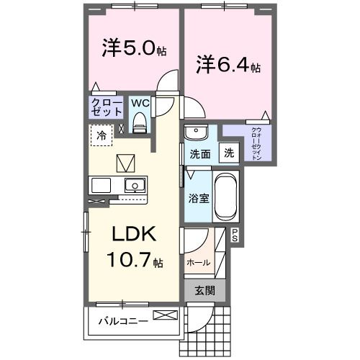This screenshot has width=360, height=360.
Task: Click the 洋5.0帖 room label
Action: [133, 48]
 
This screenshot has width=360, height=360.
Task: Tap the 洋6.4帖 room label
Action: [228, 65]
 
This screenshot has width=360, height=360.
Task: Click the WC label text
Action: [140, 103]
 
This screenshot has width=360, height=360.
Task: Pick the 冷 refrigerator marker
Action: [102, 135]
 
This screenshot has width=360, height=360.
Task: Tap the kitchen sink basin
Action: [134, 185]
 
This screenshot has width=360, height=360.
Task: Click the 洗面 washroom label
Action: [200, 154]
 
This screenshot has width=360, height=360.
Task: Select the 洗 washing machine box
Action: [228, 153]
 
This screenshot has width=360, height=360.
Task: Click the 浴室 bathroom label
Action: [199, 197]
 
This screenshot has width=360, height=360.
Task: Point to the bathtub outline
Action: [225, 196]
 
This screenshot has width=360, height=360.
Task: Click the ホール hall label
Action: [198, 263]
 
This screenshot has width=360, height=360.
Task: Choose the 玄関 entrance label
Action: [204, 290]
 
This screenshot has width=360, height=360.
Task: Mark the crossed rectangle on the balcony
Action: [164, 315]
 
